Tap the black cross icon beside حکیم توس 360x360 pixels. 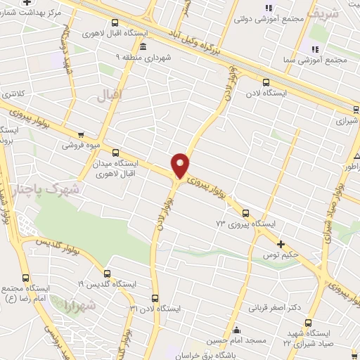click(x=281, y=243)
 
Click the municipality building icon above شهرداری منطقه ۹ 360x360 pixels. click(x=143, y=47)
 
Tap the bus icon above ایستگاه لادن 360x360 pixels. click(x=264, y=82)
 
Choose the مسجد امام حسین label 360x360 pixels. click(x=236, y=341)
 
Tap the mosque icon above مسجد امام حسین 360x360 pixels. click(x=236, y=330)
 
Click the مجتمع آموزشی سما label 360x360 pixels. click(x=328, y=60)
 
